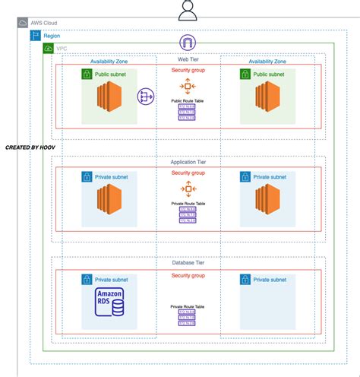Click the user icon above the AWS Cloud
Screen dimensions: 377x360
point(187,10)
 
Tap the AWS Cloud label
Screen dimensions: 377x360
point(44,23)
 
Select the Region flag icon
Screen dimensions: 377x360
point(35,35)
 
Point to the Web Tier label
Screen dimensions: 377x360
point(187,59)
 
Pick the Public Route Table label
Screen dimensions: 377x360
point(187,100)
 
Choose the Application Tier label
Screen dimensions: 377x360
point(187,161)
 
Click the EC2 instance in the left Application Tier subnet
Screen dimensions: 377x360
point(109,201)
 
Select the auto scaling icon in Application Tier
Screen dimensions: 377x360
point(187,188)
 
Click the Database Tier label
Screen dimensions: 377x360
point(187,263)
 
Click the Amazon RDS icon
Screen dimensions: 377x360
point(109,306)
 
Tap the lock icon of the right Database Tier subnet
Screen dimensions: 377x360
point(245,280)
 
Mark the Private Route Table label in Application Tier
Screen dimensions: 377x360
point(187,203)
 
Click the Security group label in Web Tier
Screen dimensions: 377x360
point(187,70)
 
